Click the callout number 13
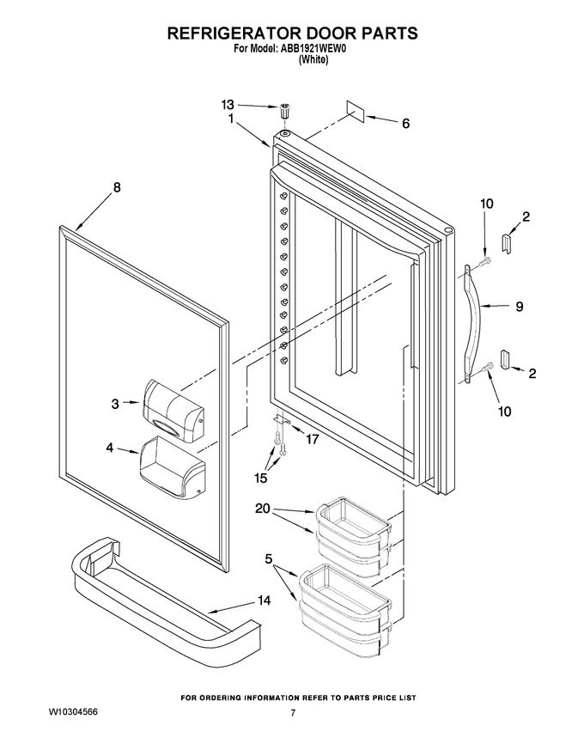[228, 104]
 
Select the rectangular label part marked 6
[356, 111]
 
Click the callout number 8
[117, 187]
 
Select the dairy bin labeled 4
[173, 467]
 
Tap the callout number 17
[313, 440]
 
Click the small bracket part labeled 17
[282, 420]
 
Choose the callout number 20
[263, 509]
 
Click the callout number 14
[264, 601]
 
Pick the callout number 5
[269, 558]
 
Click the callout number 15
[261, 478]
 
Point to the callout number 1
[231, 118]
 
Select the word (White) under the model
[313, 60]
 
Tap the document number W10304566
[73, 712]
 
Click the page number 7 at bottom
[292, 713]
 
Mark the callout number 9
[520, 306]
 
